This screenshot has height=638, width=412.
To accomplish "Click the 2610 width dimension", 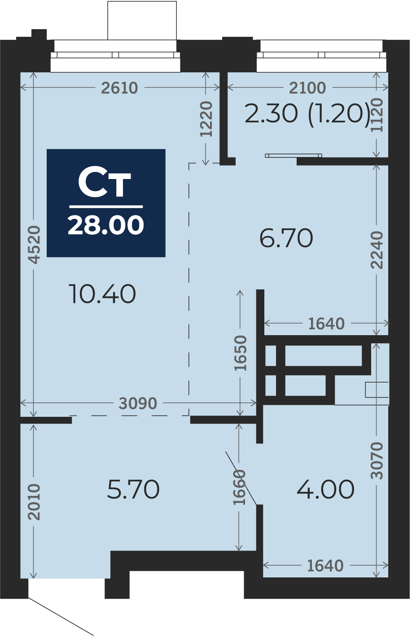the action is coord(120,88).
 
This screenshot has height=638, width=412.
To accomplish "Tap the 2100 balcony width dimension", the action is coord(307,88).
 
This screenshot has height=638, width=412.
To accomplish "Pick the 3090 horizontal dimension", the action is coord(138,403).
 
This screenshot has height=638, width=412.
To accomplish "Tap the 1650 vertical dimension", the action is coord(240,353).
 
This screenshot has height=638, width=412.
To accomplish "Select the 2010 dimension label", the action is coord(35,502).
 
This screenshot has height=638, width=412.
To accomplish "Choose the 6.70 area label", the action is coord(286,238).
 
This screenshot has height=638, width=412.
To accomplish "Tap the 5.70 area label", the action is coord(133,489).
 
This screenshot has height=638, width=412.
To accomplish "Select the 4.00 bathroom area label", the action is coord(326,489).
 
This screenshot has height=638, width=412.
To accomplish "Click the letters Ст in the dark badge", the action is coord(104,183).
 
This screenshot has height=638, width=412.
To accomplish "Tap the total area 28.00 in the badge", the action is coord(106,225).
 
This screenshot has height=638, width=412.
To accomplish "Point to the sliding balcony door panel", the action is coord(294,156).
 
